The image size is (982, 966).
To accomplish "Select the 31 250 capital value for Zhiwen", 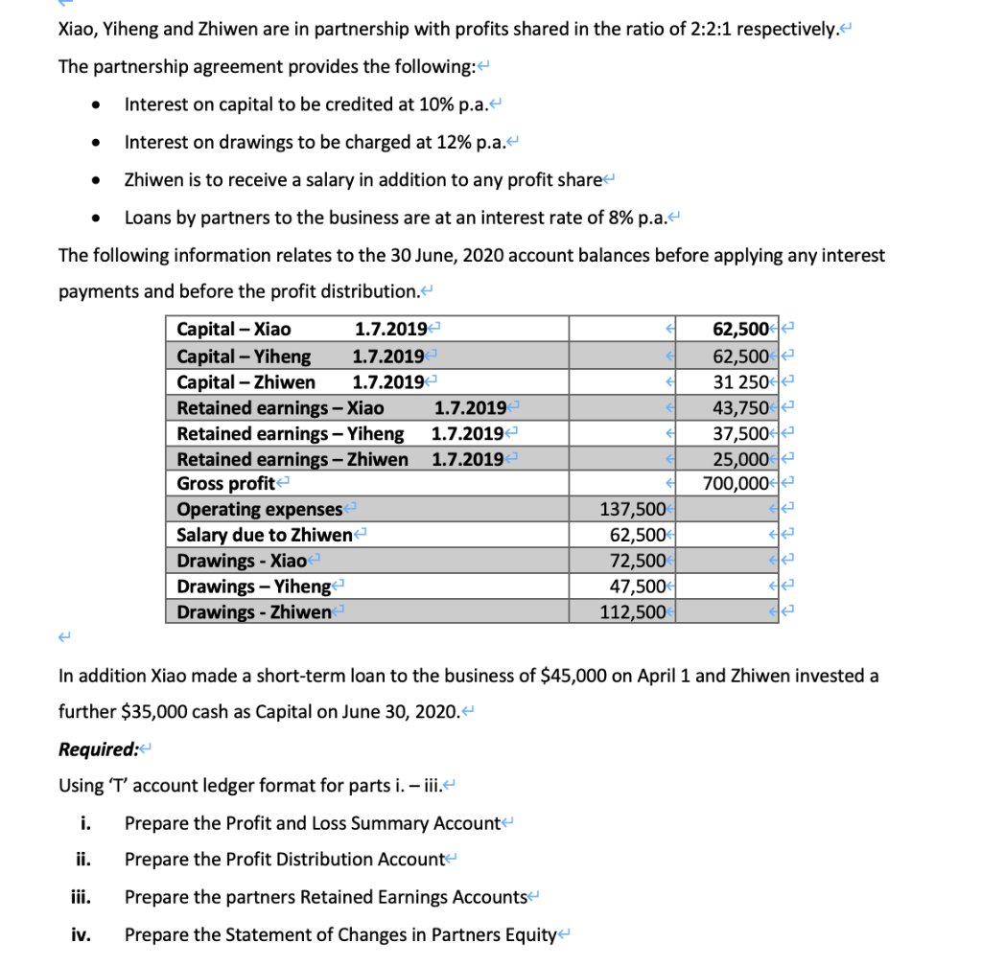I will (739, 381).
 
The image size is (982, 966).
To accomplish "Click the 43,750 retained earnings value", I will (739, 407).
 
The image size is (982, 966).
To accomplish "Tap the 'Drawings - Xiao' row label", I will (242, 561).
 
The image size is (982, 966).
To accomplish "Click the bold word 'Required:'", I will (97, 749).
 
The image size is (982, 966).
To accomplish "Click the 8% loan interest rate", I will (623, 217).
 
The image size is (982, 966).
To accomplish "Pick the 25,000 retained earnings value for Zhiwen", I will (739, 459).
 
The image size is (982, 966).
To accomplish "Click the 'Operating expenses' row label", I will (260, 510).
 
